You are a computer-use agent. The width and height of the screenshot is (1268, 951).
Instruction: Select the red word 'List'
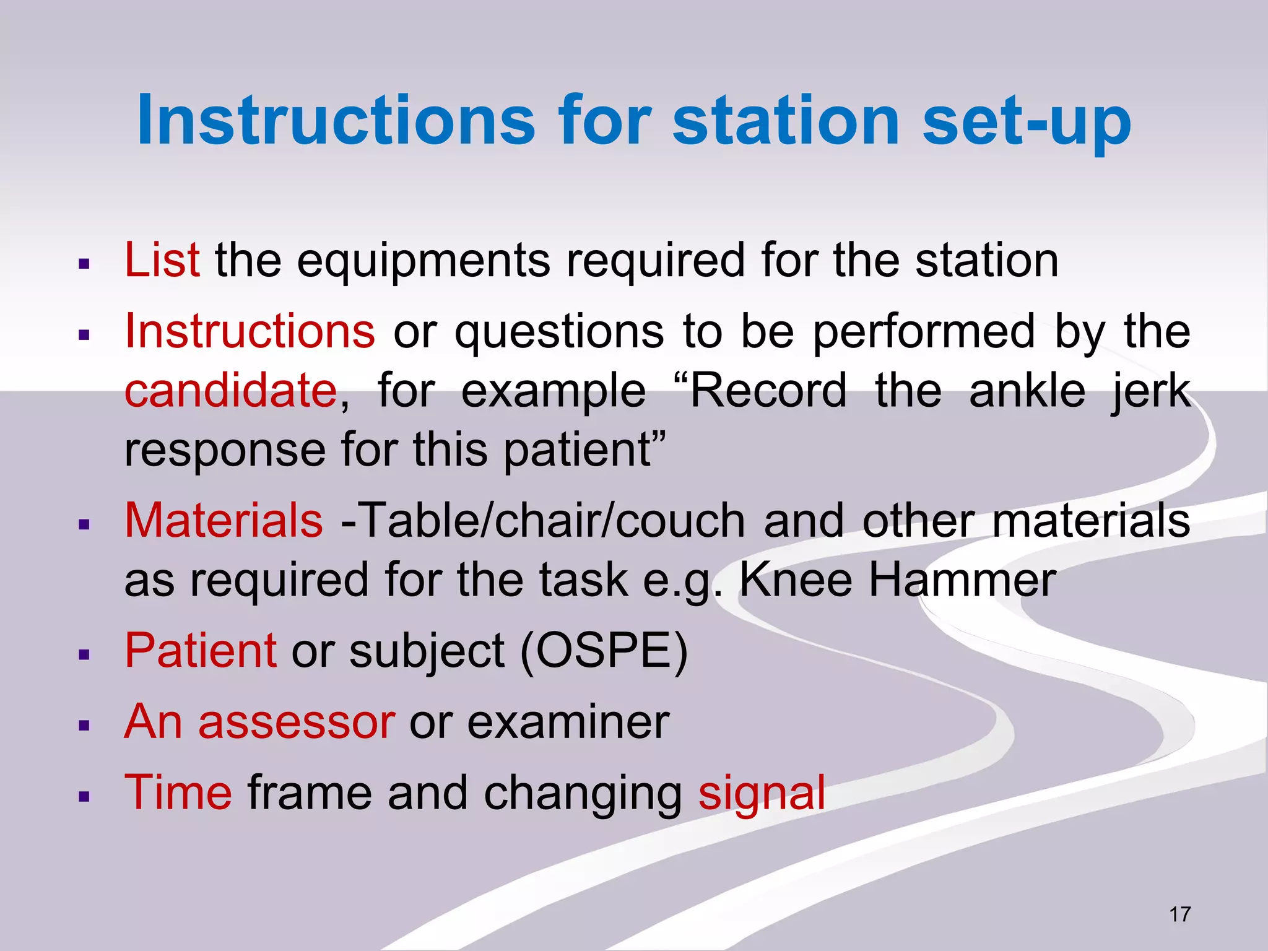click(162, 259)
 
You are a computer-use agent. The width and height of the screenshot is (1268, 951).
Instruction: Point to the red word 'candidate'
click(231, 390)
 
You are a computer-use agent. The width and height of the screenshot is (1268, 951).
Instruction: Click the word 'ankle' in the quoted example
click(1027, 390)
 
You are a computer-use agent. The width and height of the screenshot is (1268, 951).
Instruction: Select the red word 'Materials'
click(224, 520)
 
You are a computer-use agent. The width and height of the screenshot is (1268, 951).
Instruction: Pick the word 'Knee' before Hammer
click(796, 580)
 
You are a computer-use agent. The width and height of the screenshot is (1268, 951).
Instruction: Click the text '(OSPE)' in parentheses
click(604, 651)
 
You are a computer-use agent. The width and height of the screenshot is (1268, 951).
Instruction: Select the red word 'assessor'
click(296, 722)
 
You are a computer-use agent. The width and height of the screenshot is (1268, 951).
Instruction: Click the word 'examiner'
click(568, 722)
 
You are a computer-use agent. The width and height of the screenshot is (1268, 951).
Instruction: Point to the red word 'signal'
click(762, 793)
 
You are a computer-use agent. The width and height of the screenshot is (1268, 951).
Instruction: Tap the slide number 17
click(1179, 914)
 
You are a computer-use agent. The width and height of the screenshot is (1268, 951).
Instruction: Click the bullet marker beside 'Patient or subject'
click(85, 654)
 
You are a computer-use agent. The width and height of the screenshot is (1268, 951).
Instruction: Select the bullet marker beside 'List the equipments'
click(85, 264)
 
